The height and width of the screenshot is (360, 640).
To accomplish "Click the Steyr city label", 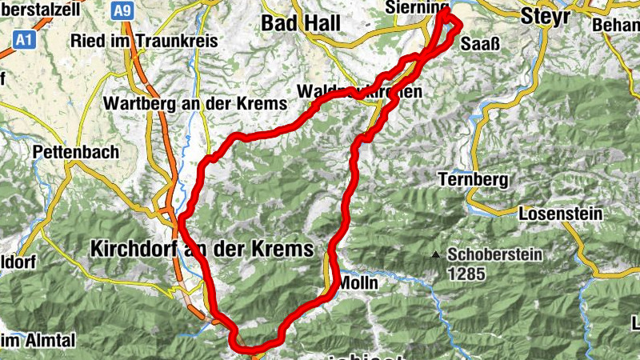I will pyautogui.click(x=544, y=15).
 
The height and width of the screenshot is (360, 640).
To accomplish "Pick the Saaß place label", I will pyautogui.click(x=481, y=45).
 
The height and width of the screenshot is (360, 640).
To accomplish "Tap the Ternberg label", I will pyautogui.click(x=473, y=180).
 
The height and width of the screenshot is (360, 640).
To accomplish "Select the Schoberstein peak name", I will pyautogui.click(x=495, y=255).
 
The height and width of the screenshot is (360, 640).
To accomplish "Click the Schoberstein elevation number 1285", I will pyautogui.click(x=466, y=274).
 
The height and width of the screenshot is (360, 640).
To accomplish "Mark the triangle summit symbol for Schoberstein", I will pyautogui.click(x=435, y=256).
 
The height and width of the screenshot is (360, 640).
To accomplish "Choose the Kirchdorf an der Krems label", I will pyautogui.click(x=202, y=249).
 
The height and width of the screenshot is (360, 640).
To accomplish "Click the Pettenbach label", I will pyautogui.click(x=76, y=151).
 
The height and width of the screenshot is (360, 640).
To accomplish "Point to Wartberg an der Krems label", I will pyautogui.click(x=194, y=104).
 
